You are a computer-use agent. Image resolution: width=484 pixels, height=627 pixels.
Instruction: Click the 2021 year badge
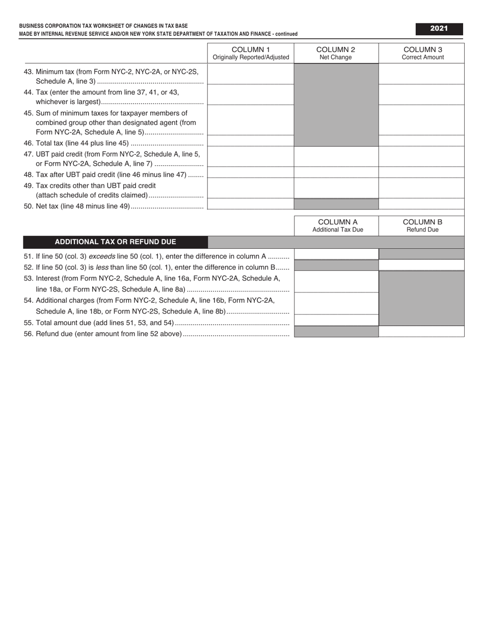[x=439, y=29]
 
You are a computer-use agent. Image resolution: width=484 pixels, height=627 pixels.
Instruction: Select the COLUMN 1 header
[x=251, y=53]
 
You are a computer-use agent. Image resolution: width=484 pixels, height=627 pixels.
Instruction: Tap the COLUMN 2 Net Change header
[x=336, y=53]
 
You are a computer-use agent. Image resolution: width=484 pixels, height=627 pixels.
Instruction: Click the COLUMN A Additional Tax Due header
[x=336, y=226]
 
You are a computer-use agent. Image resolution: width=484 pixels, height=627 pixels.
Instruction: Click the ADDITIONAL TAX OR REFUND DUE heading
[x=115, y=242]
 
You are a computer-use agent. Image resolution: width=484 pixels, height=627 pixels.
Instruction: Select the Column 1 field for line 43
[x=251, y=74]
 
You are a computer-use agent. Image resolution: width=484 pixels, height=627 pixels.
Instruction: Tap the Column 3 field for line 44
[x=421, y=94]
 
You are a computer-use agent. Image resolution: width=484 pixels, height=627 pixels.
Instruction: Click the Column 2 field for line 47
[x=336, y=156]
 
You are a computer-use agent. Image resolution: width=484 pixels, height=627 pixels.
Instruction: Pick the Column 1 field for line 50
[x=251, y=204]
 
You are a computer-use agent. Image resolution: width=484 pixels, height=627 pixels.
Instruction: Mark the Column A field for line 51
[x=336, y=254]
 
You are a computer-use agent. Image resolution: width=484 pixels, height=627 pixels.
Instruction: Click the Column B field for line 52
[x=421, y=265]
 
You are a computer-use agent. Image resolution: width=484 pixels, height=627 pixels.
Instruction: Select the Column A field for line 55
[x=336, y=320]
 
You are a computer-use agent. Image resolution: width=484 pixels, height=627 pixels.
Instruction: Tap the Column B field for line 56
[x=421, y=331]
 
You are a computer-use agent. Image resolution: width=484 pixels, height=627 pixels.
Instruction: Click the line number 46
[x=28, y=143]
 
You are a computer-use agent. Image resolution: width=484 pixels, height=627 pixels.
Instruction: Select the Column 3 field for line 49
[x=421, y=188]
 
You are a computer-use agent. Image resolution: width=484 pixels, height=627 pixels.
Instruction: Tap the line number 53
[x=28, y=278]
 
